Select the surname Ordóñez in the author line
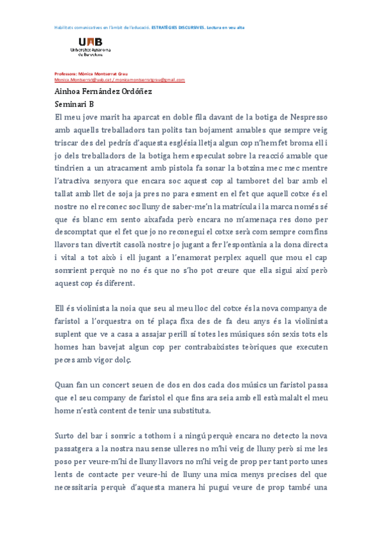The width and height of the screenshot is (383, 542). click(x=138, y=91)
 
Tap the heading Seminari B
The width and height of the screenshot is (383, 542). click(x=74, y=104)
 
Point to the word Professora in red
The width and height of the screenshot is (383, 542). click(x=66, y=74)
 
